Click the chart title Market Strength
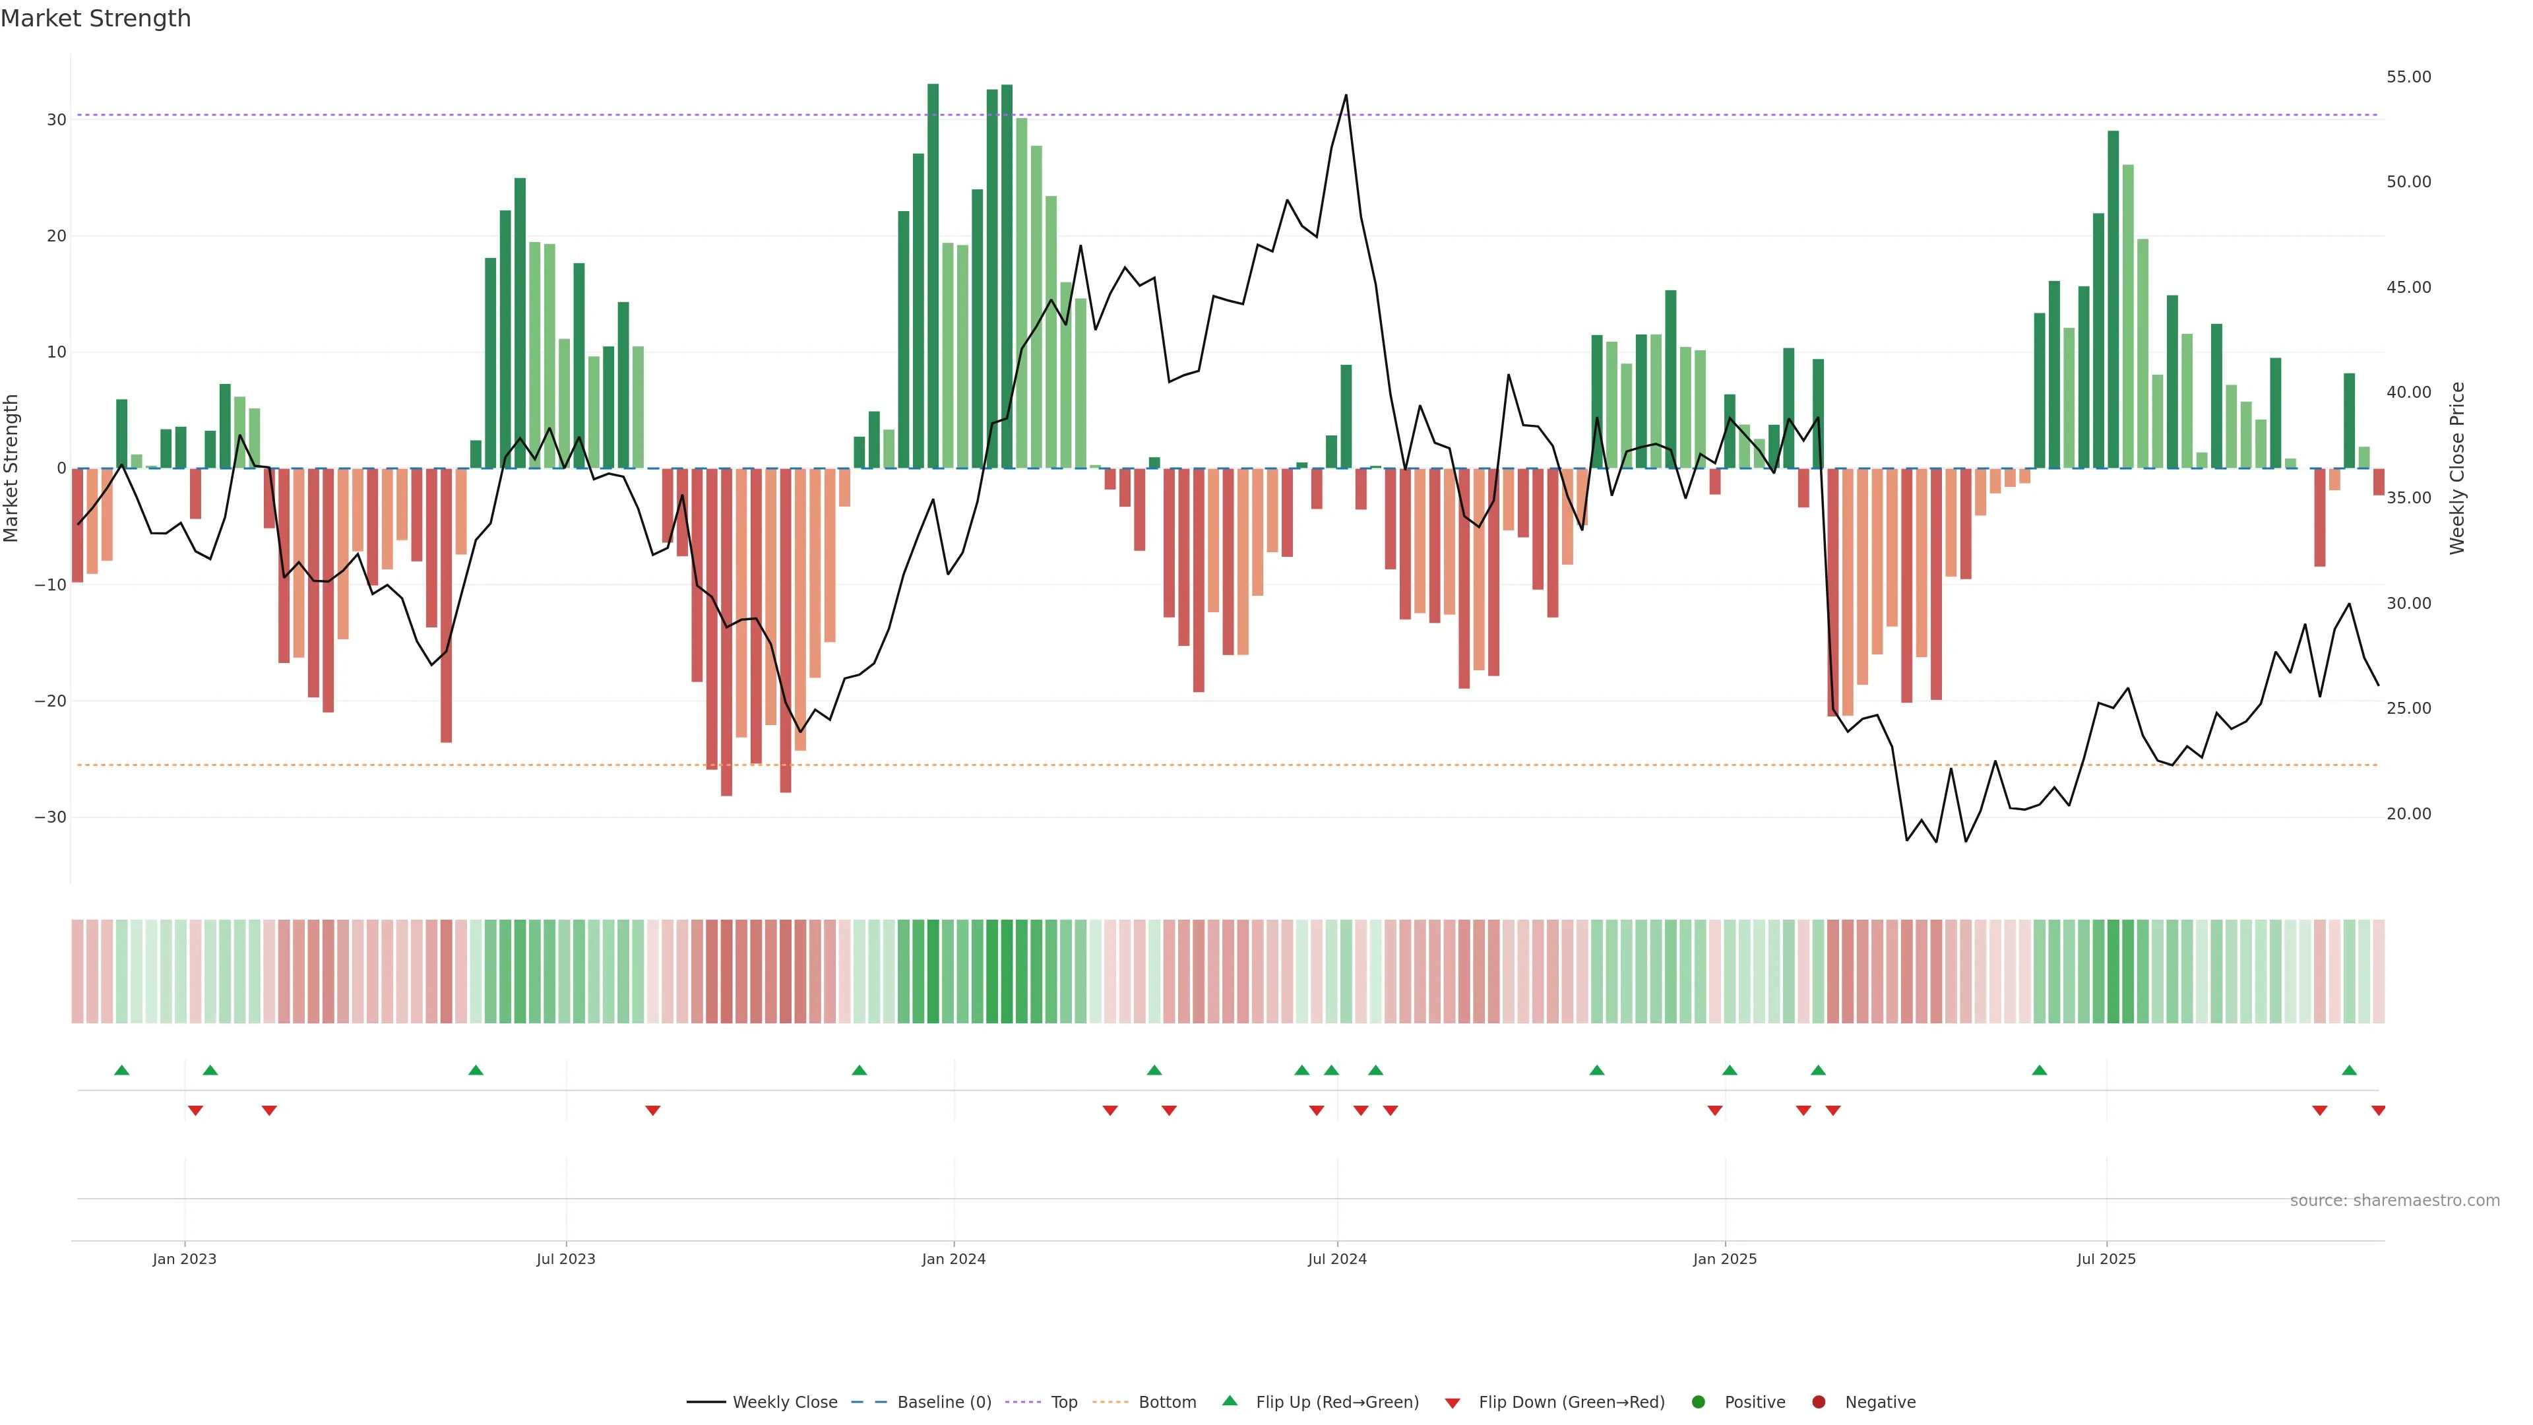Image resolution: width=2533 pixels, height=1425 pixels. click(96, 18)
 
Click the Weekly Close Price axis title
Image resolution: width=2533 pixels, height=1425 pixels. click(2457, 468)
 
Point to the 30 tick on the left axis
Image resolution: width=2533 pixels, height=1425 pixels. click(56, 120)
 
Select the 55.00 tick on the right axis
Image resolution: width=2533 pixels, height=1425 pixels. click(2408, 77)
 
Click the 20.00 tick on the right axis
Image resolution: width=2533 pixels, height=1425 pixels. click(2408, 813)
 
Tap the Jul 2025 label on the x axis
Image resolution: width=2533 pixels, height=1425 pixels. click(2106, 1259)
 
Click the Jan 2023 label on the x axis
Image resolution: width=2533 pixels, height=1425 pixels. click(184, 1259)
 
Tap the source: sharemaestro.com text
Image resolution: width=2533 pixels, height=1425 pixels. click(2394, 1201)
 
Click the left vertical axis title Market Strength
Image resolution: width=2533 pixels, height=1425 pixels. click(12, 468)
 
